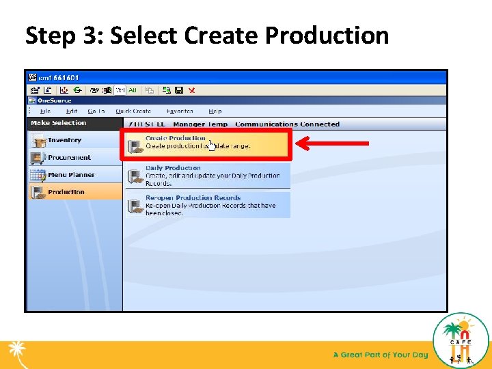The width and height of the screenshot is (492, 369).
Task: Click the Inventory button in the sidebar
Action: (64, 140)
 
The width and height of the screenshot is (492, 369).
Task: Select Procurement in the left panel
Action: (68, 157)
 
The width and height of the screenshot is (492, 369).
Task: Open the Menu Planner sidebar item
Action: (71, 175)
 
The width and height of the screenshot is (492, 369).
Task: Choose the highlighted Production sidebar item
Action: (66, 192)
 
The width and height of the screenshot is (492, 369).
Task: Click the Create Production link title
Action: (175, 138)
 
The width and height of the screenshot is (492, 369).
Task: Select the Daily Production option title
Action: (173, 168)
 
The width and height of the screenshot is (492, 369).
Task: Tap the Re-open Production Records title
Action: (193, 198)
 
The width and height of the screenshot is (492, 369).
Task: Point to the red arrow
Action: (335, 143)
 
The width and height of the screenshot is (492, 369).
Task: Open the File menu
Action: (45, 111)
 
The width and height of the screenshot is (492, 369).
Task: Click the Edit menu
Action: (72, 111)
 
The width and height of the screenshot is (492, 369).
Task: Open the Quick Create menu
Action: (133, 111)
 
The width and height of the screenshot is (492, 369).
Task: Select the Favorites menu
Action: (180, 111)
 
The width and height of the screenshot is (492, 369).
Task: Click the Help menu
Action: (215, 111)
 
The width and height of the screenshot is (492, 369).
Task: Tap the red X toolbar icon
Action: (191, 90)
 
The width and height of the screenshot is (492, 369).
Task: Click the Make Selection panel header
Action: (59, 123)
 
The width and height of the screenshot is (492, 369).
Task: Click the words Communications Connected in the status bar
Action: (287, 124)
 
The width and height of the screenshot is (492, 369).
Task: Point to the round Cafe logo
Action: (461, 340)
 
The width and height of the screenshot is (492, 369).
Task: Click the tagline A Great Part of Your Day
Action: (381, 355)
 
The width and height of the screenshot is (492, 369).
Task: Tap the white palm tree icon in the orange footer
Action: (16, 354)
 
